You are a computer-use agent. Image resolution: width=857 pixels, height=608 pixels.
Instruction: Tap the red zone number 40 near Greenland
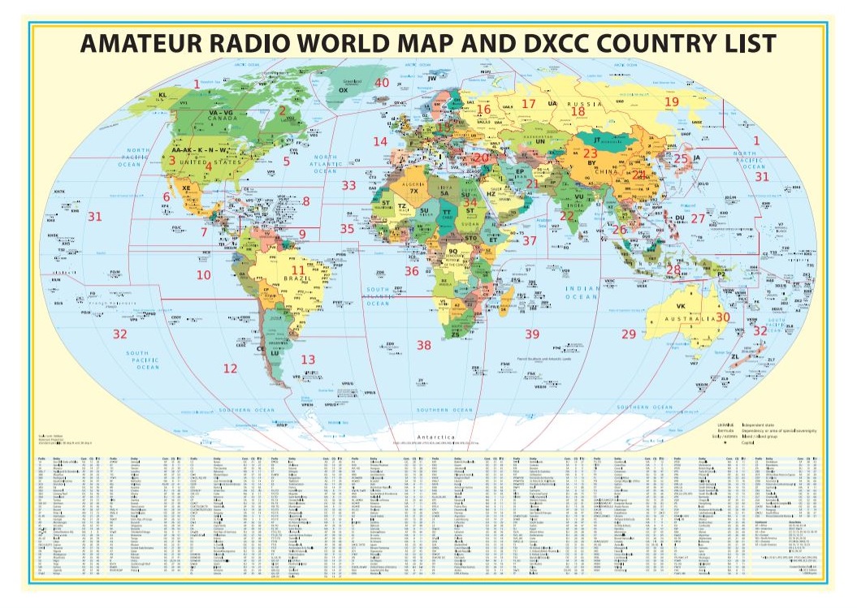[381, 83]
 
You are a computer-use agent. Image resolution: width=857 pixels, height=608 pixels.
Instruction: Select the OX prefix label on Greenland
[343, 91]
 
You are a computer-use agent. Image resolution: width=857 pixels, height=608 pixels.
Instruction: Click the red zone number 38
[423, 345]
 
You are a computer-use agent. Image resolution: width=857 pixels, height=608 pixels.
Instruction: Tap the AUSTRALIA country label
[695, 318]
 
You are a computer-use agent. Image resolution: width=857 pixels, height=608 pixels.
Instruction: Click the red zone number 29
[628, 334]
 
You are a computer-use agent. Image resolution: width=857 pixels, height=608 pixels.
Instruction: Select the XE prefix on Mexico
[187, 188]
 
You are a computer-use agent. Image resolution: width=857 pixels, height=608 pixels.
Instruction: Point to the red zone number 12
[231, 368]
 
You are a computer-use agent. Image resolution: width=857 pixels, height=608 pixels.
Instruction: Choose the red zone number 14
[380, 141]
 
